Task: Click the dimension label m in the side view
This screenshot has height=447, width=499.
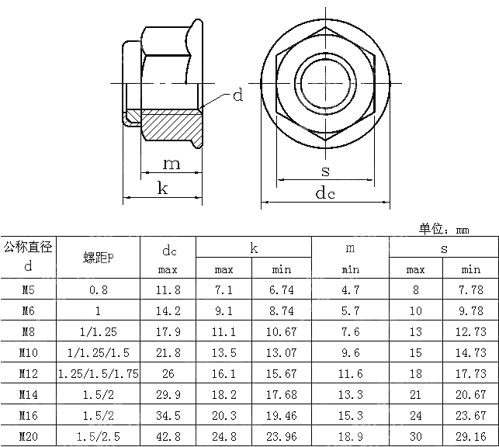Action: [x=172, y=164]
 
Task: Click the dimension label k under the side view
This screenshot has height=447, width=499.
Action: [x=163, y=188]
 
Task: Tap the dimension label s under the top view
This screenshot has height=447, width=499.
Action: [x=324, y=170]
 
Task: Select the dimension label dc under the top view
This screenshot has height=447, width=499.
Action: [x=324, y=194]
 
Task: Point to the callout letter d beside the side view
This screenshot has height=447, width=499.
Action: [x=238, y=95]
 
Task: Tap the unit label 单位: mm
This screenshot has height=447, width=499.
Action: [x=444, y=229]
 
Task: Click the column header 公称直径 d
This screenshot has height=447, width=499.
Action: [x=28, y=257]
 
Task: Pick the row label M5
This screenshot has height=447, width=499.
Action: [x=28, y=290]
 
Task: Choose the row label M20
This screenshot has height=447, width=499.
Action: [x=28, y=437]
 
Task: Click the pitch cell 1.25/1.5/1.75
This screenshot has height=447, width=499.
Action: [x=99, y=374]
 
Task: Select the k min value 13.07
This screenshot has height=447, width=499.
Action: [x=281, y=353]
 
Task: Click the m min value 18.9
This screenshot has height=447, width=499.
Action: [x=350, y=437]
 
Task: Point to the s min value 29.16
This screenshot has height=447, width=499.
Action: [x=470, y=437]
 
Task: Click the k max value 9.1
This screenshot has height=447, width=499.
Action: [x=224, y=311]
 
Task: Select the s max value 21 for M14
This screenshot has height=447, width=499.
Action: [x=415, y=395]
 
